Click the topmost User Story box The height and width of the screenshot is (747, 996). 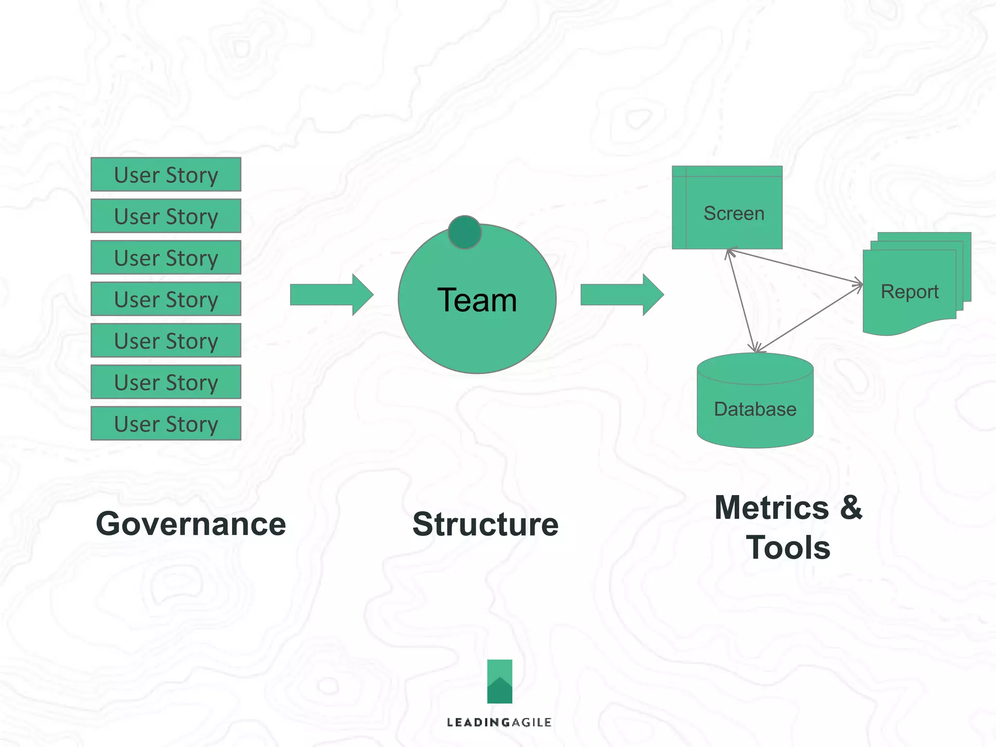(166, 175)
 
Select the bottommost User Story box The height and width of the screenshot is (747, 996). (166, 424)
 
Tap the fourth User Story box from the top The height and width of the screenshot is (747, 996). (166, 299)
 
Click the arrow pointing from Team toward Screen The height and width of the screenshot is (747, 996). (622, 295)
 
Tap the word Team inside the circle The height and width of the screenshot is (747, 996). (477, 300)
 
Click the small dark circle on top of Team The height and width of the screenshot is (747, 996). (464, 232)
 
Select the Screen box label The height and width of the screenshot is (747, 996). (733, 213)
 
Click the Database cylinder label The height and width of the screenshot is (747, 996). (755, 409)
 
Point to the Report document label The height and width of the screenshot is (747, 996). (909, 292)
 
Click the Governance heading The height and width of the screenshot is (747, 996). (191, 524)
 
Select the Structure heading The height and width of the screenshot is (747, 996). (485, 525)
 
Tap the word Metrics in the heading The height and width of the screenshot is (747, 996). (771, 508)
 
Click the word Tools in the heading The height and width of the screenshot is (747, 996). (788, 548)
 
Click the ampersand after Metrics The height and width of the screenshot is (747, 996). (851, 508)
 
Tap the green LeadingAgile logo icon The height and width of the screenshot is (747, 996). (499, 681)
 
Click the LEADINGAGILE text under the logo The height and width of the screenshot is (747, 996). (499, 722)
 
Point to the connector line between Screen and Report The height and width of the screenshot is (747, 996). (795, 267)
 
